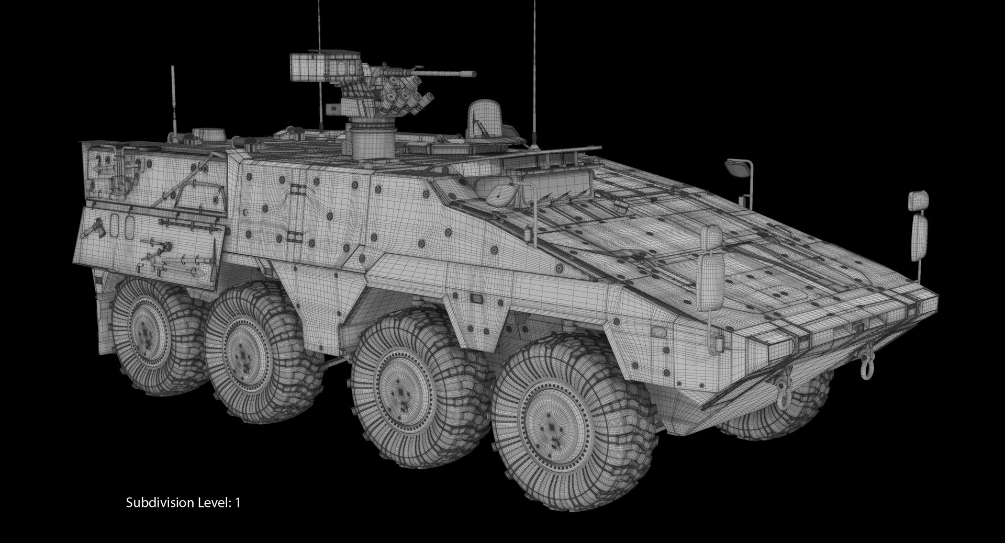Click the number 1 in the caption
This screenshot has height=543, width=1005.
tap(238, 503)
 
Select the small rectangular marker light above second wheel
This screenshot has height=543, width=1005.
tap(477, 298)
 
